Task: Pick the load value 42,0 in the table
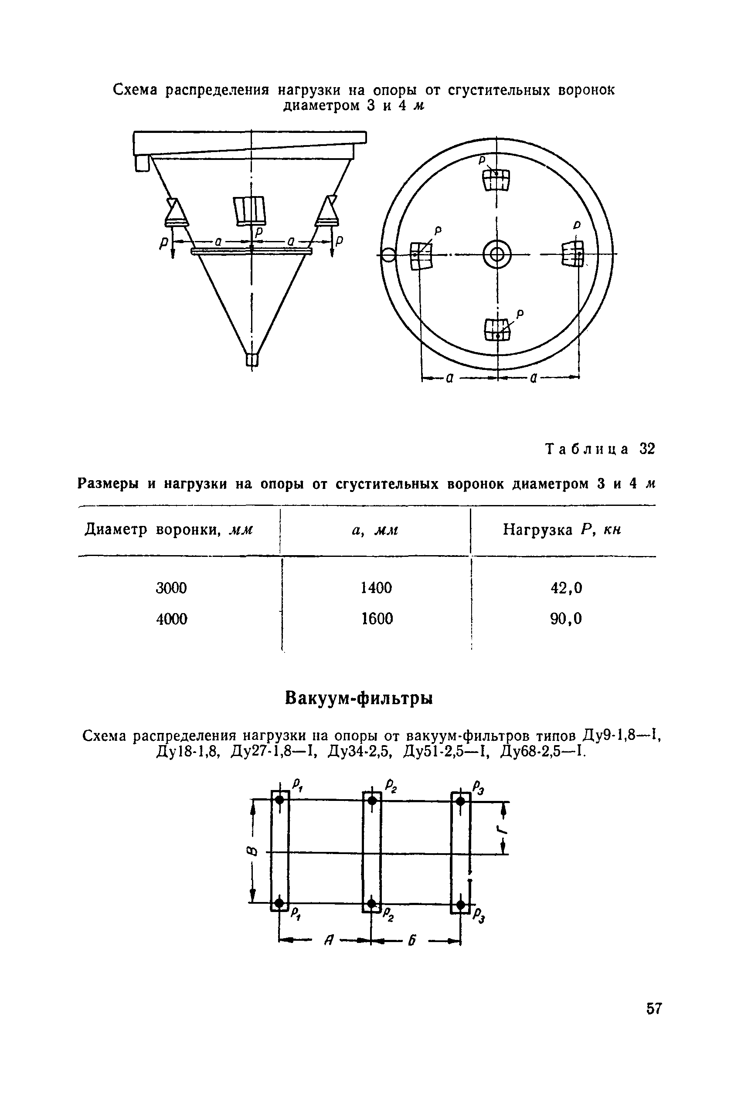click(566, 588)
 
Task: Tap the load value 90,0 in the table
click(566, 619)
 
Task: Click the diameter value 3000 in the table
click(171, 588)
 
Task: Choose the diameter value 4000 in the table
click(172, 619)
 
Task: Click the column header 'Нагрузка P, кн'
click(562, 530)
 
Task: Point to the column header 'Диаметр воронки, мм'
click(169, 530)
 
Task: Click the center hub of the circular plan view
click(497, 254)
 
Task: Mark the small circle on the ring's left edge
click(388, 255)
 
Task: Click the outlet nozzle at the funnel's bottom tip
click(252, 360)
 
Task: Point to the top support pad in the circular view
click(496, 180)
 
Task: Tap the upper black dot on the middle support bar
click(372, 800)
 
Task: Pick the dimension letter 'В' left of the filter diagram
click(252, 852)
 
